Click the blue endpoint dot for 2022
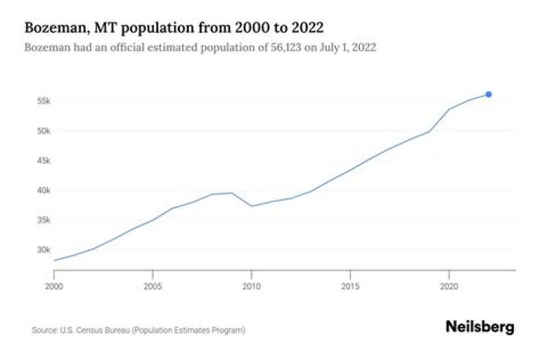pyautogui.click(x=488, y=94)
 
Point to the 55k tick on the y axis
pyautogui.click(x=43, y=100)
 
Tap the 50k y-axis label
pyautogui.click(x=43, y=130)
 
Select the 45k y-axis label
pyautogui.click(x=43, y=160)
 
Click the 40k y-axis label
pyautogui.click(x=43, y=190)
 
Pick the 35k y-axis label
pyautogui.click(x=43, y=220)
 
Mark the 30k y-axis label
pyautogui.click(x=43, y=250)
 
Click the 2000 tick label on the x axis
pyautogui.click(x=54, y=286)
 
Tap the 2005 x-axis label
pyautogui.click(x=152, y=286)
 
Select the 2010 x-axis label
pyautogui.click(x=251, y=286)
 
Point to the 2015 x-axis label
pyautogui.click(x=349, y=286)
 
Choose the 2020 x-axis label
pyautogui.click(x=448, y=286)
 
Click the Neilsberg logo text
pyautogui.click(x=480, y=327)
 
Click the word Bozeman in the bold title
pyautogui.click(x=53, y=28)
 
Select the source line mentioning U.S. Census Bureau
pyautogui.click(x=138, y=330)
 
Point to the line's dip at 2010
pyautogui.click(x=251, y=206)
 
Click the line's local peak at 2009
pyautogui.click(x=232, y=193)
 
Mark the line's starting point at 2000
pyautogui.click(x=54, y=260)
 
